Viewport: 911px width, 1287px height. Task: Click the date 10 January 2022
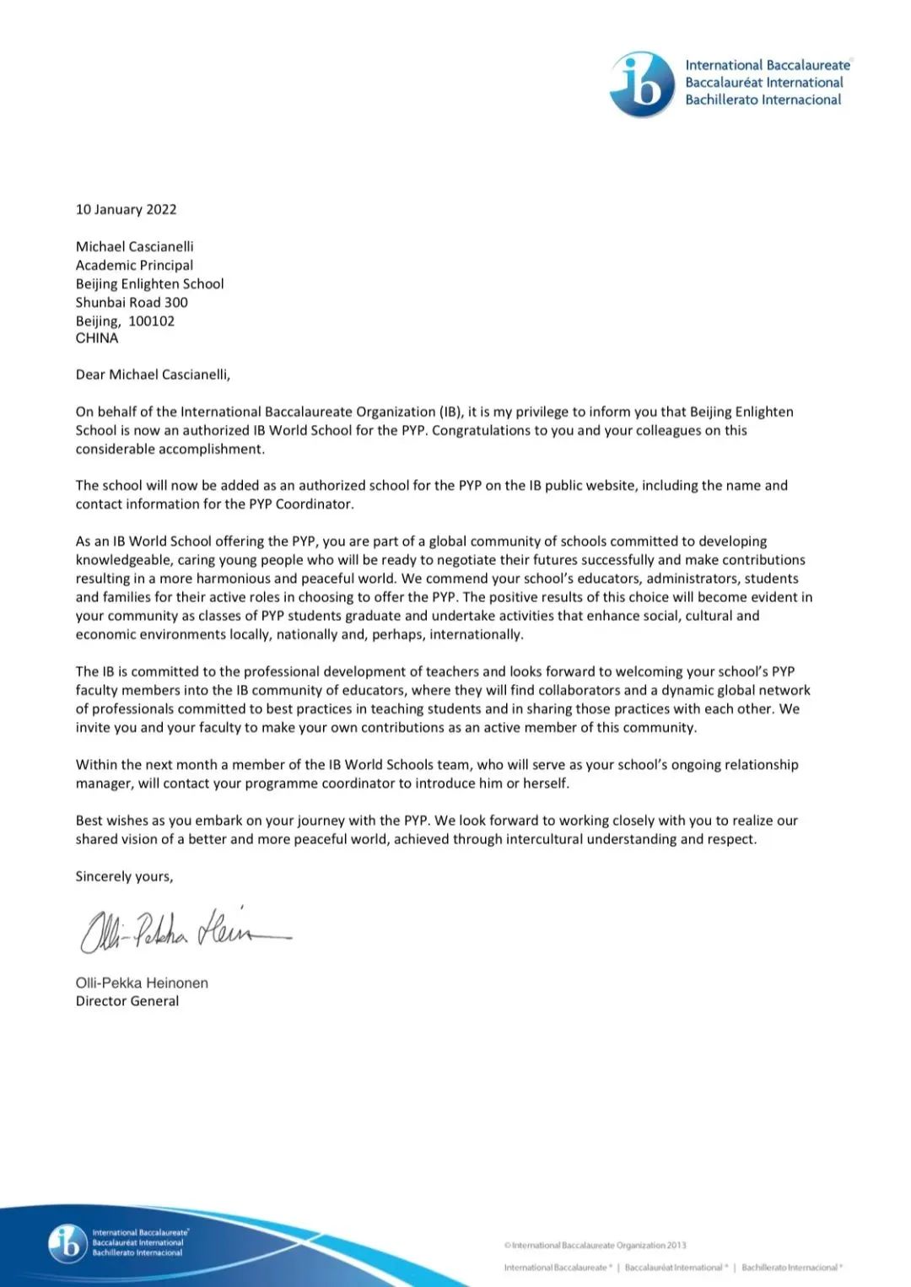(x=126, y=209)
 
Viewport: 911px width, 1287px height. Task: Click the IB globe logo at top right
(x=642, y=83)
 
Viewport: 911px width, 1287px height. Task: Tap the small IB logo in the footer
(x=67, y=1242)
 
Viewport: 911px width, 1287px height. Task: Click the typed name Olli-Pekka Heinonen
(x=142, y=983)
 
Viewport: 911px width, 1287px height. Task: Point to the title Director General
(x=127, y=1001)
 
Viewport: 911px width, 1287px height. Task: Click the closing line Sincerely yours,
(x=124, y=876)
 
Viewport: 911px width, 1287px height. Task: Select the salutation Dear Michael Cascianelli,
(x=153, y=374)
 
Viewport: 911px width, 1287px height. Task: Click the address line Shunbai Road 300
(x=132, y=302)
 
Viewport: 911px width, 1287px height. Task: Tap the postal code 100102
(x=152, y=320)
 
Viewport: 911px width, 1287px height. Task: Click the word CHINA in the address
(x=97, y=338)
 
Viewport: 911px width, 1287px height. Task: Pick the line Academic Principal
(x=134, y=265)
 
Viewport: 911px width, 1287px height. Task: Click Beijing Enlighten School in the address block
(x=150, y=283)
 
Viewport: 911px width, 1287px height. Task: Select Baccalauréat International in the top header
(x=763, y=83)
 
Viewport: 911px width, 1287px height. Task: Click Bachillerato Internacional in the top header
(x=763, y=100)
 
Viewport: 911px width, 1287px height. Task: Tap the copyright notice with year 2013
(x=595, y=1245)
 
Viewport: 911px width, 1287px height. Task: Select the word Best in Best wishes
(x=89, y=821)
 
